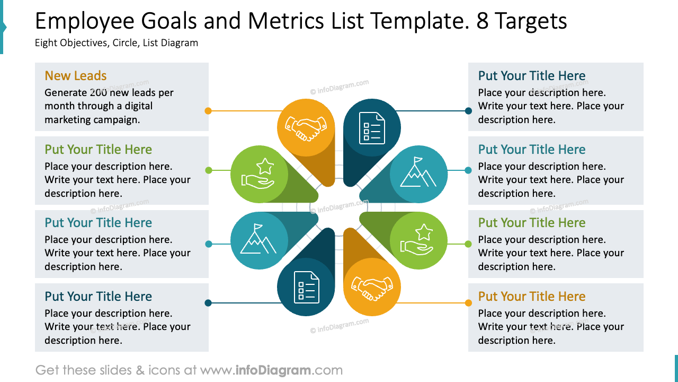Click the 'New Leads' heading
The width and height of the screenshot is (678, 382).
pyautogui.click(x=76, y=76)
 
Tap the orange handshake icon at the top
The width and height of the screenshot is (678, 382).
pyautogui.click(x=306, y=128)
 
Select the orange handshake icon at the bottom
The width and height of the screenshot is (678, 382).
pyautogui.click(x=372, y=287)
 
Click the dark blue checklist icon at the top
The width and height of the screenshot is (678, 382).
pyautogui.click(x=372, y=128)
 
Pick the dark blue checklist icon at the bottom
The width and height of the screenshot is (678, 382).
pyautogui.click(x=306, y=287)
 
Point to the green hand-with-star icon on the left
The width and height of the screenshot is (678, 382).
pyautogui.click(x=258, y=175)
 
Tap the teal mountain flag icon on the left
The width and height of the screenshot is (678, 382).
pyautogui.click(x=258, y=240)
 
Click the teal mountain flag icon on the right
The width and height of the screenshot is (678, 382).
pyautogui.click(x=418, y=174)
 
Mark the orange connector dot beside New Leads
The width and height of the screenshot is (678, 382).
pyautogui.click(x=208, y=111)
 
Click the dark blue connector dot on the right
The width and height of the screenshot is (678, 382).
pyautogui.click(x=468, y=111)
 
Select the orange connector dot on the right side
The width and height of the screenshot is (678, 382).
pyautogui.click(x=468, y=303)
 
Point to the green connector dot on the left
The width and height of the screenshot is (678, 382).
pyautogui.click(x=208, y=170)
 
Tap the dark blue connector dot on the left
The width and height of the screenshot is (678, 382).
pyautogui.click(x=208, y=303)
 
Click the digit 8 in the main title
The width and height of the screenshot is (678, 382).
pyautogui.click(x=483, y=21)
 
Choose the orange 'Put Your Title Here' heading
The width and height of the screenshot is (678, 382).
pyautogui.click(x=532, y=297)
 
